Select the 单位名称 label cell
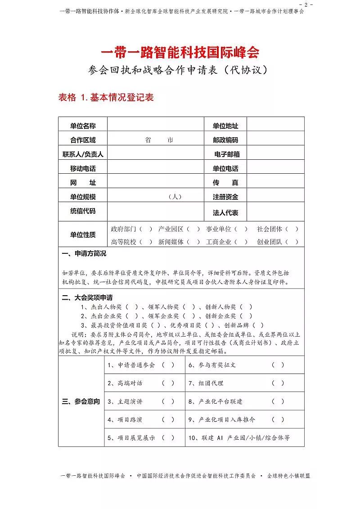click(83, 126)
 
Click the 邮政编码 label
click(225, 140)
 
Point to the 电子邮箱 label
click(227, 154)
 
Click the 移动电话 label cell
click(83, 169)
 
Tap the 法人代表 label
click(225, 213)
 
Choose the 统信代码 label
click(83, 211)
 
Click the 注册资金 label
click(225, 197)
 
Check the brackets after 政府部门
click(145, 229)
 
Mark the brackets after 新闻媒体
click(193, 242)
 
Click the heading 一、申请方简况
click(84, 254)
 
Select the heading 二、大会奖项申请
click(87, 298)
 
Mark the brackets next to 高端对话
click(168, 383)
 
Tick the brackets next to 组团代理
click(278, 383)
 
